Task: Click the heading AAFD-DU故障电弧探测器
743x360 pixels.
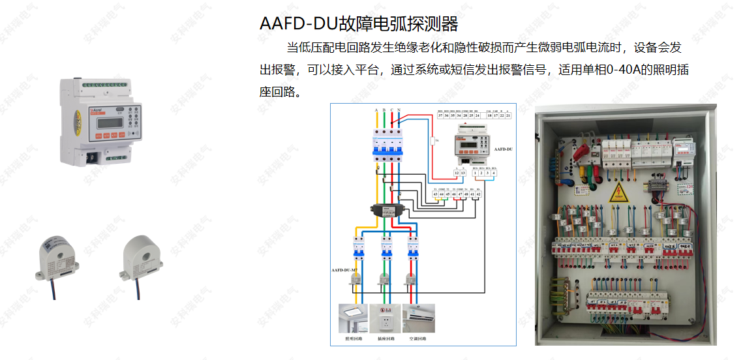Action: [x=359, y=23]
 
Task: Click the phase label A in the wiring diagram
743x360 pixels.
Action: [x=376, y=110]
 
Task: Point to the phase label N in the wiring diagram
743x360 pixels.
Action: [x=399, y=110]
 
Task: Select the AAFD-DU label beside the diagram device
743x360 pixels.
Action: [x=503, y=149]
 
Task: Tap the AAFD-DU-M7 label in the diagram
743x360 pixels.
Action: [x=346, y=269]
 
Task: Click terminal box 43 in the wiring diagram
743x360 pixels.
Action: [x=436, y=194]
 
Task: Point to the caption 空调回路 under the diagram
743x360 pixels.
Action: [x=417, y=339]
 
